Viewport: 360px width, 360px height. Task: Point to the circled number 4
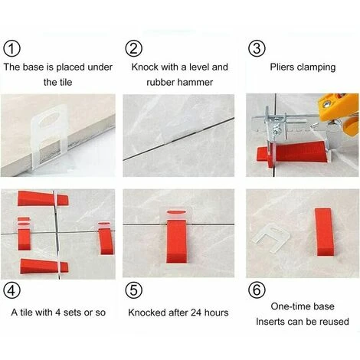(12, 291)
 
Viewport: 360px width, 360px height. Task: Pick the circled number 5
(134, 291)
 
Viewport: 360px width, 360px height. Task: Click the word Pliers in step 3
(283, 67)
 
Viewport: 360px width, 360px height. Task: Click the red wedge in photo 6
(322, 233)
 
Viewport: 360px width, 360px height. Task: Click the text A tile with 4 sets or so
(58, 313)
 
